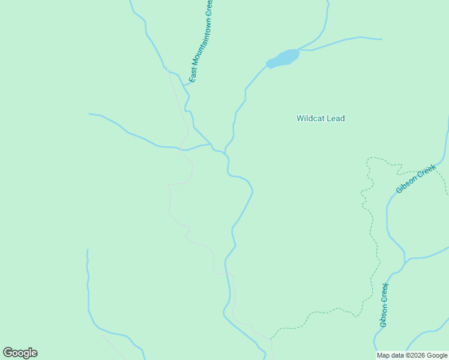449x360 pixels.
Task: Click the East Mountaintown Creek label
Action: pos(201,41)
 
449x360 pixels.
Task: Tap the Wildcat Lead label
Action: pos(321,118)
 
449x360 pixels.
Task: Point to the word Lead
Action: pos(336,118)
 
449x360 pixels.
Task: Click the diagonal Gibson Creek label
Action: pos(415,179)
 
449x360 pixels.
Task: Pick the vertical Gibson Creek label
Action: pos(384,305)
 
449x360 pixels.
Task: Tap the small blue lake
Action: pos(283,58)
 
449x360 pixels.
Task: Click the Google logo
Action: pos(20,353)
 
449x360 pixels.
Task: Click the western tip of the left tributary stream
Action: pos(90,113)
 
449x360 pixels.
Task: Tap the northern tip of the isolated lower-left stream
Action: pos(88,250)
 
